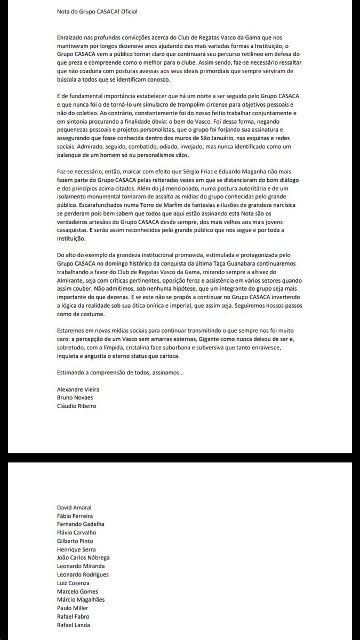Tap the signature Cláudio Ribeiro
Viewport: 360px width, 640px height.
77,405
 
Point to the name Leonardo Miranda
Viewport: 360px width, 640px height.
80,566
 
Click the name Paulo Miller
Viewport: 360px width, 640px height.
73,608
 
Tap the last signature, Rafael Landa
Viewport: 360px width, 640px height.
73,625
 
